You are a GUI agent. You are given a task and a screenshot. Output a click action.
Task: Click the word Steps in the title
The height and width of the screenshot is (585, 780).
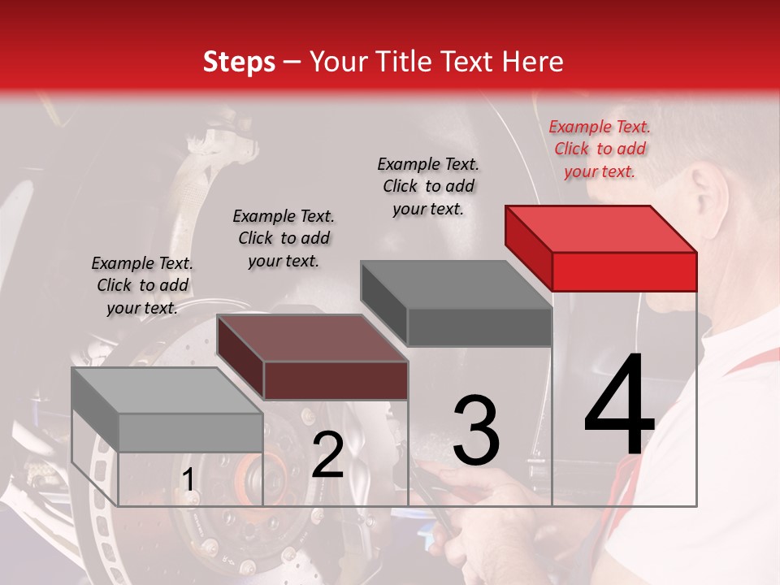click(x=239, y=62)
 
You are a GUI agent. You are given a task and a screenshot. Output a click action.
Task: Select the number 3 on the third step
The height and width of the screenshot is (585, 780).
click(x=475, y=431)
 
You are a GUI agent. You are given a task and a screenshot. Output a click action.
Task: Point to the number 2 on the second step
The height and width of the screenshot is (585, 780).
click(x=327, y=455)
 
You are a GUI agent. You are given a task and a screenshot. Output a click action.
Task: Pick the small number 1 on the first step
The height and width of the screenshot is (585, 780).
click(x=188, y=481)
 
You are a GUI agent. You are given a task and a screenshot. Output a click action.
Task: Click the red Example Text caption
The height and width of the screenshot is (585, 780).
click(x=600, y=149)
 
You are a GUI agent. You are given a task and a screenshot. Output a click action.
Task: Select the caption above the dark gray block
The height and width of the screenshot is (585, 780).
click(x=428, y=186)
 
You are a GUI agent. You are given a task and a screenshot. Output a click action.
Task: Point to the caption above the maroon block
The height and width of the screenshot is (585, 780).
click(x=284, y=238)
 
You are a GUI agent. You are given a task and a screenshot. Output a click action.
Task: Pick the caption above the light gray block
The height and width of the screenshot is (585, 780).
click(x=142, y=285)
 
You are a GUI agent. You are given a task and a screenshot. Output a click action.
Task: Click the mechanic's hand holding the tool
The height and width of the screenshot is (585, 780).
click(x=487, y=504)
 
